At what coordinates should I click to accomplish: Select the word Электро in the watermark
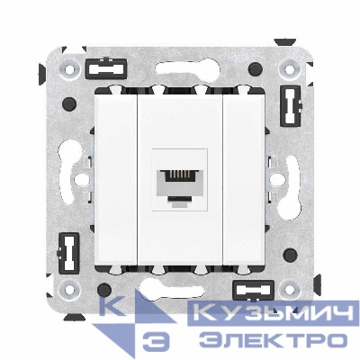point(271,340)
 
